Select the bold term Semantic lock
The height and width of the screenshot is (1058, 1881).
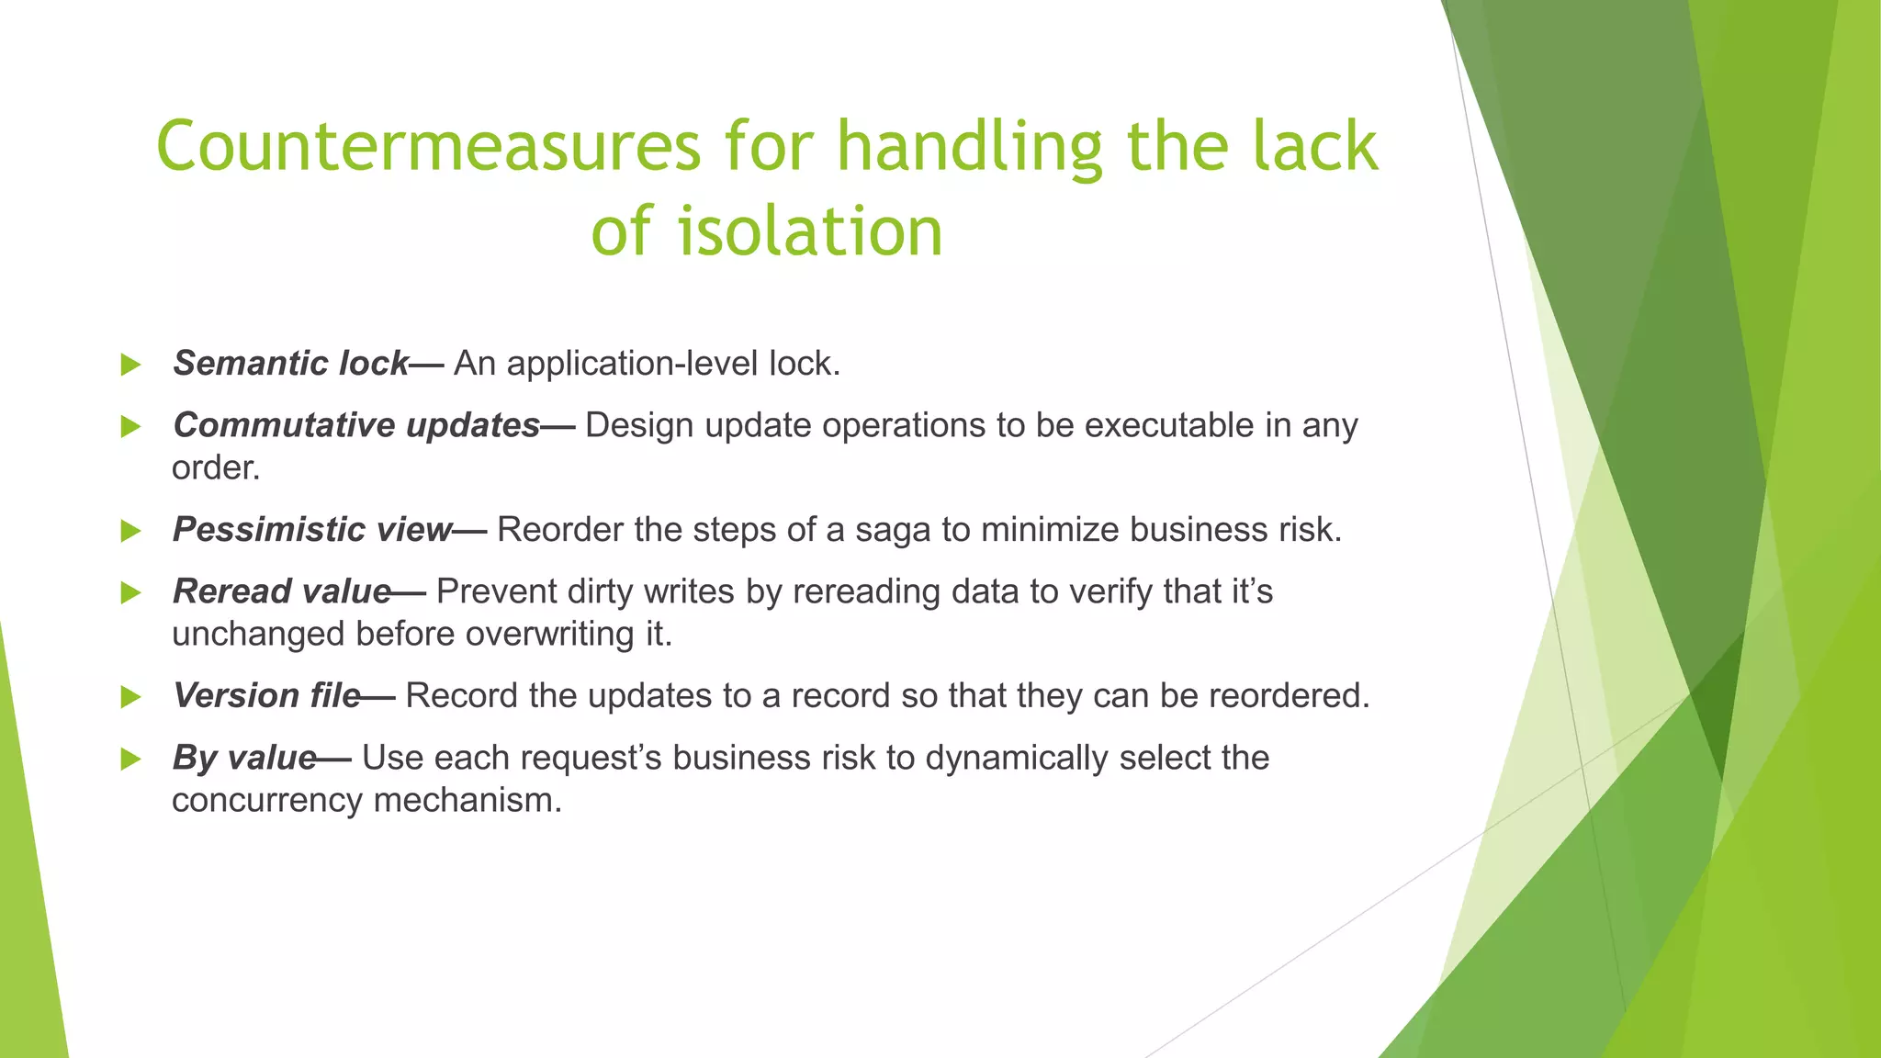(x=290, y=364)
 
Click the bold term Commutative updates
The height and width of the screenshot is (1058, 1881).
(x=356, y=425)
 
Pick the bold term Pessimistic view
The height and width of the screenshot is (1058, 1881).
(x=312, y=530)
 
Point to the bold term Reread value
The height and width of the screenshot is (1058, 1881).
(x=282, y=591)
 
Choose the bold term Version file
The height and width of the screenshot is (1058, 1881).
(x=266, y=696)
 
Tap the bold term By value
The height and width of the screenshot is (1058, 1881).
(x=244, y=758)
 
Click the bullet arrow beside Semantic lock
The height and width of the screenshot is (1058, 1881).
(x=130, y=366)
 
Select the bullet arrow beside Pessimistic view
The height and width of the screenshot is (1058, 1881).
(x=130, y=532)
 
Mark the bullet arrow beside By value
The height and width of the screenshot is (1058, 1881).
(x=130, y=760)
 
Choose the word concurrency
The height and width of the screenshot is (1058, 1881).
(x=267, y=800)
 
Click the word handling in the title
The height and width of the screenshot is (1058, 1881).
(x=970, y=147)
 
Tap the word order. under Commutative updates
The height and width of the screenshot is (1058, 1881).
(x=216, y=468)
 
